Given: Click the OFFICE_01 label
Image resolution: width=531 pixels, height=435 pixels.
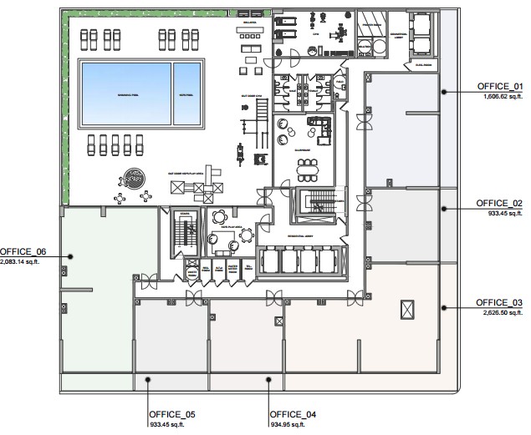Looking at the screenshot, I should tap(499, 87).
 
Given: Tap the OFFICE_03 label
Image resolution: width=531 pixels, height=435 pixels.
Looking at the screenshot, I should tap(499, 302).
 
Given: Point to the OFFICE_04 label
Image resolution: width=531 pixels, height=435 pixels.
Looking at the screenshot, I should tap(293, 414).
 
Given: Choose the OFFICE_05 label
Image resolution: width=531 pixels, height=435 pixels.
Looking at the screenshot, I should tap(172, 414).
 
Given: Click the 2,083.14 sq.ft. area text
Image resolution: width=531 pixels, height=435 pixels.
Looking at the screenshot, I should tap(23, 261).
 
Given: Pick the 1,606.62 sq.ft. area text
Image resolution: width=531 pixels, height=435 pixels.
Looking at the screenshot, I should tap(503, 97).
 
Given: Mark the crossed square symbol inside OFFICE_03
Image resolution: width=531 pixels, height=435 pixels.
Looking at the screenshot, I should tap(407, 308).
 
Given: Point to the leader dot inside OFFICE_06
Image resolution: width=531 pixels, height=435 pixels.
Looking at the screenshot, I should tap(70, 256).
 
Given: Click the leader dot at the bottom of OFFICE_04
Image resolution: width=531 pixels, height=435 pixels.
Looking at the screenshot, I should tap(268, 380).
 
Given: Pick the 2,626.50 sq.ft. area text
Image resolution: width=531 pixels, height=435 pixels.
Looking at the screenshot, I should tap(503, 312).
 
